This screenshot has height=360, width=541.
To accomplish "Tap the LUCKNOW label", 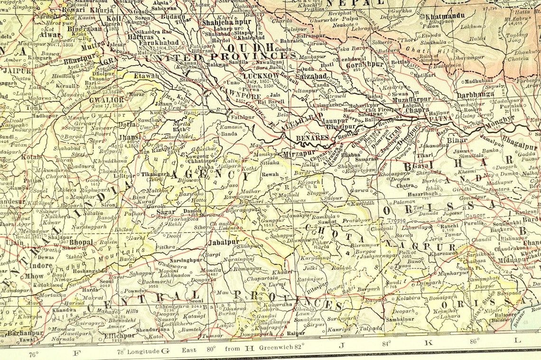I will (x=260, y=76).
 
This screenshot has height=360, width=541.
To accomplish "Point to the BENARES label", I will (x=312, y=138).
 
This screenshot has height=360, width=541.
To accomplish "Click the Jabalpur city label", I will (x=224, y=242).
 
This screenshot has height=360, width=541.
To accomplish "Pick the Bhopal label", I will (x=81, y=242).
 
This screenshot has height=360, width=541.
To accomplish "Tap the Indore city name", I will (x=41, y=265).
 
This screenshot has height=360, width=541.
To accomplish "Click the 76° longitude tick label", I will (x=34, y=354).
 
